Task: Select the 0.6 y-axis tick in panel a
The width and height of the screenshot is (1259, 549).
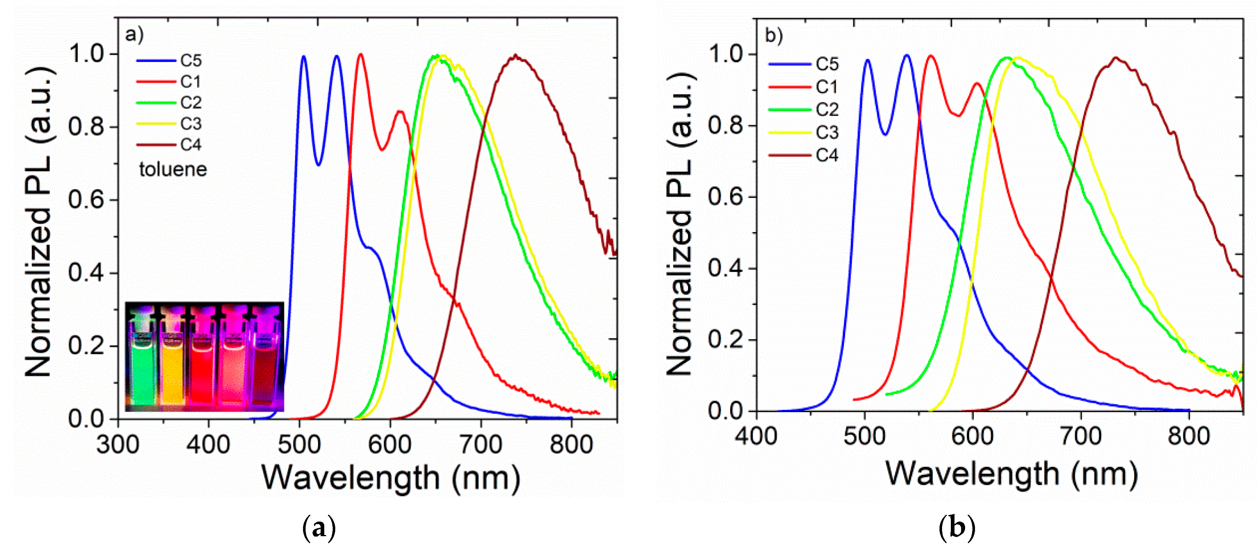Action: tap(86, 200)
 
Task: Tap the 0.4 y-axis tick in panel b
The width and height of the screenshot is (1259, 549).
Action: tap(726, 268)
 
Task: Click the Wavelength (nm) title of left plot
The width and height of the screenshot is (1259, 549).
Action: tap(391, 478)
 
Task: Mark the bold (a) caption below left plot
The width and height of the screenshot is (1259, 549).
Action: tap(319, 529)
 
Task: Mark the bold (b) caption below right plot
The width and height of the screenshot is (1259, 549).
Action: tap(956, 528)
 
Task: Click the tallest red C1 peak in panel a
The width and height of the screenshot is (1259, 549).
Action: tap(361, 55)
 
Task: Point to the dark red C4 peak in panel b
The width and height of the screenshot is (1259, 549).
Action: tap(1116, 58)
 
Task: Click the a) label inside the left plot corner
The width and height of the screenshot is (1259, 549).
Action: tap(134, 35)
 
